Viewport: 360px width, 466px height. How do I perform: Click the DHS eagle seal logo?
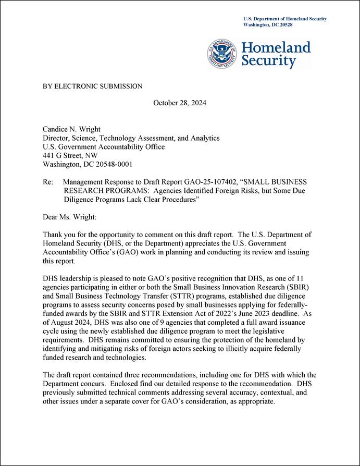coord(222,54)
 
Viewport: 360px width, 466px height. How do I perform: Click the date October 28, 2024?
coord(180,103)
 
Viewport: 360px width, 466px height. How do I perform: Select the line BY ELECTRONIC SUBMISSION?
coord(92,86)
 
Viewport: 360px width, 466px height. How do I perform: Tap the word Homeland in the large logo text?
coord(276,48)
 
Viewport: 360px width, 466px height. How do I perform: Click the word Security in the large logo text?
coord(268,62)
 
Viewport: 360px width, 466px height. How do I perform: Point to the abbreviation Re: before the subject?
coord(48,181)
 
